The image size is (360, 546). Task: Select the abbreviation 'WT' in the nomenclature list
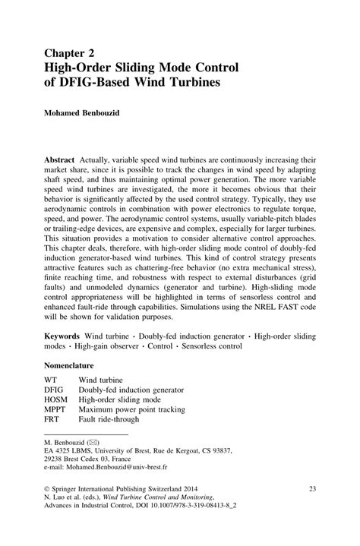coord(51,379)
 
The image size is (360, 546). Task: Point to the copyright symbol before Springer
coord(47,490)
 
